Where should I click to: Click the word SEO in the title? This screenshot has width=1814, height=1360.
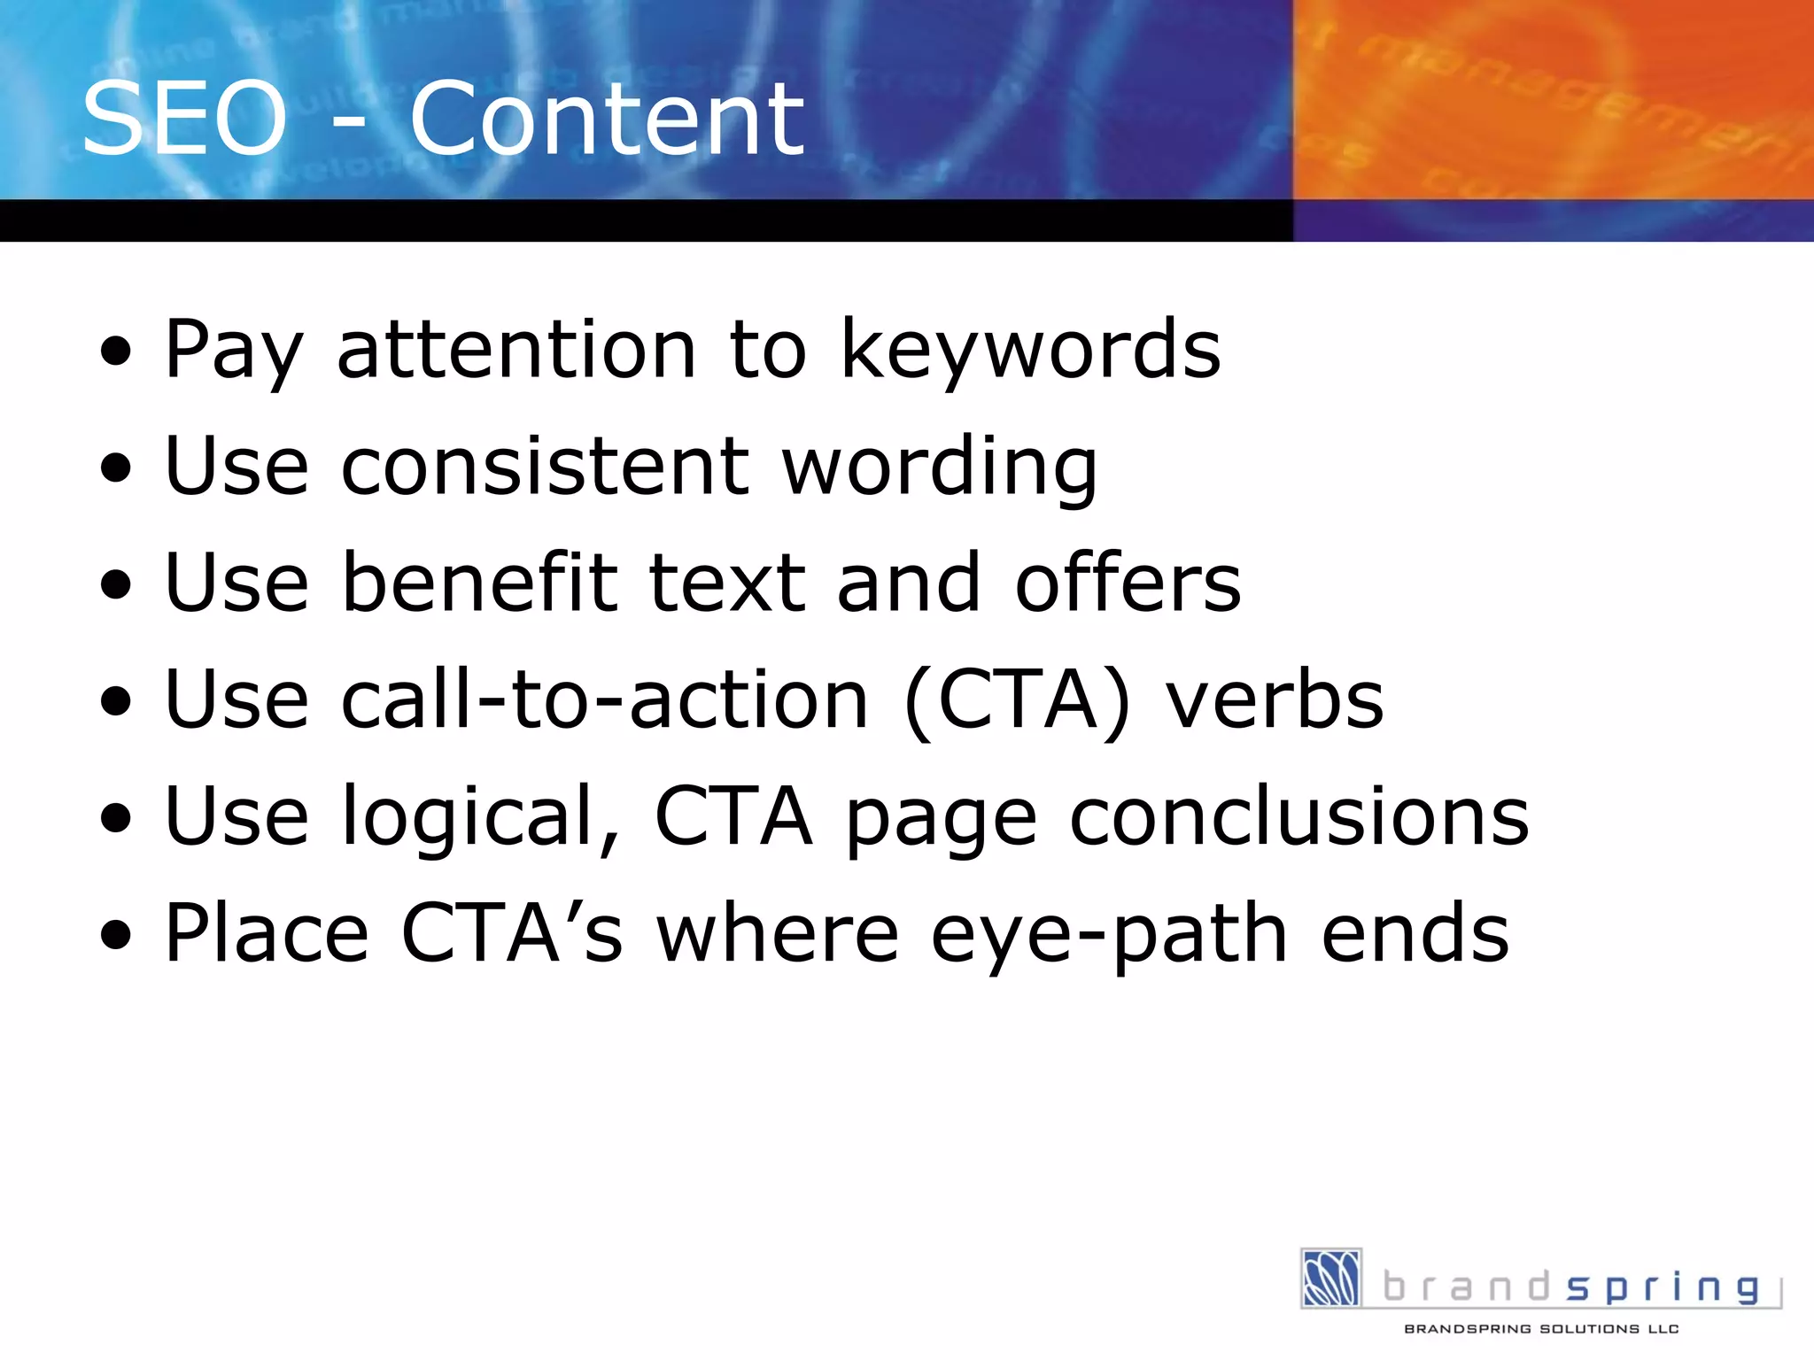click(x=184, y=120)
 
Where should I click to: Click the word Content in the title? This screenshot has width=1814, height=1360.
click(x=607, y=120)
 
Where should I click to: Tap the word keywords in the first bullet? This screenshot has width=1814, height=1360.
click(x=1030, y=351)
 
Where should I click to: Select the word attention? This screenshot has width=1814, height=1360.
click(x=516, y=351)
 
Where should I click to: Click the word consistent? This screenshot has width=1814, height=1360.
click(x=547, y=467)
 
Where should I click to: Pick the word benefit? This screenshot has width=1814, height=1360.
click(x=480, y=583)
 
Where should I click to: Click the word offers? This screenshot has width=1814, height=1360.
click(x=1128, y=584)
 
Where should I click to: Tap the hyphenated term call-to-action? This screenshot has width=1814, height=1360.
click(x=605, y=699)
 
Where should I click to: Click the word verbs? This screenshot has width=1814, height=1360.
click(x=1274, y=699)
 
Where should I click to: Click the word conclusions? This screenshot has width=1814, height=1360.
click(x=1299, y=816)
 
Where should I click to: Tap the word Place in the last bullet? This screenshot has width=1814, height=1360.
click(x=267, y=933)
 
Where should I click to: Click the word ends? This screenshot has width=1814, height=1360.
click(x=1415, y=933)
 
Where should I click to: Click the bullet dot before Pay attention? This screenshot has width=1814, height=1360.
click(x=116, y=352)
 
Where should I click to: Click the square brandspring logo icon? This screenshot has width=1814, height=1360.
click(x=1330, y=1278)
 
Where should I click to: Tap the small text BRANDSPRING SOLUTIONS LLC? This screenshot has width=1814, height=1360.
click(x=1541, y=1329)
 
